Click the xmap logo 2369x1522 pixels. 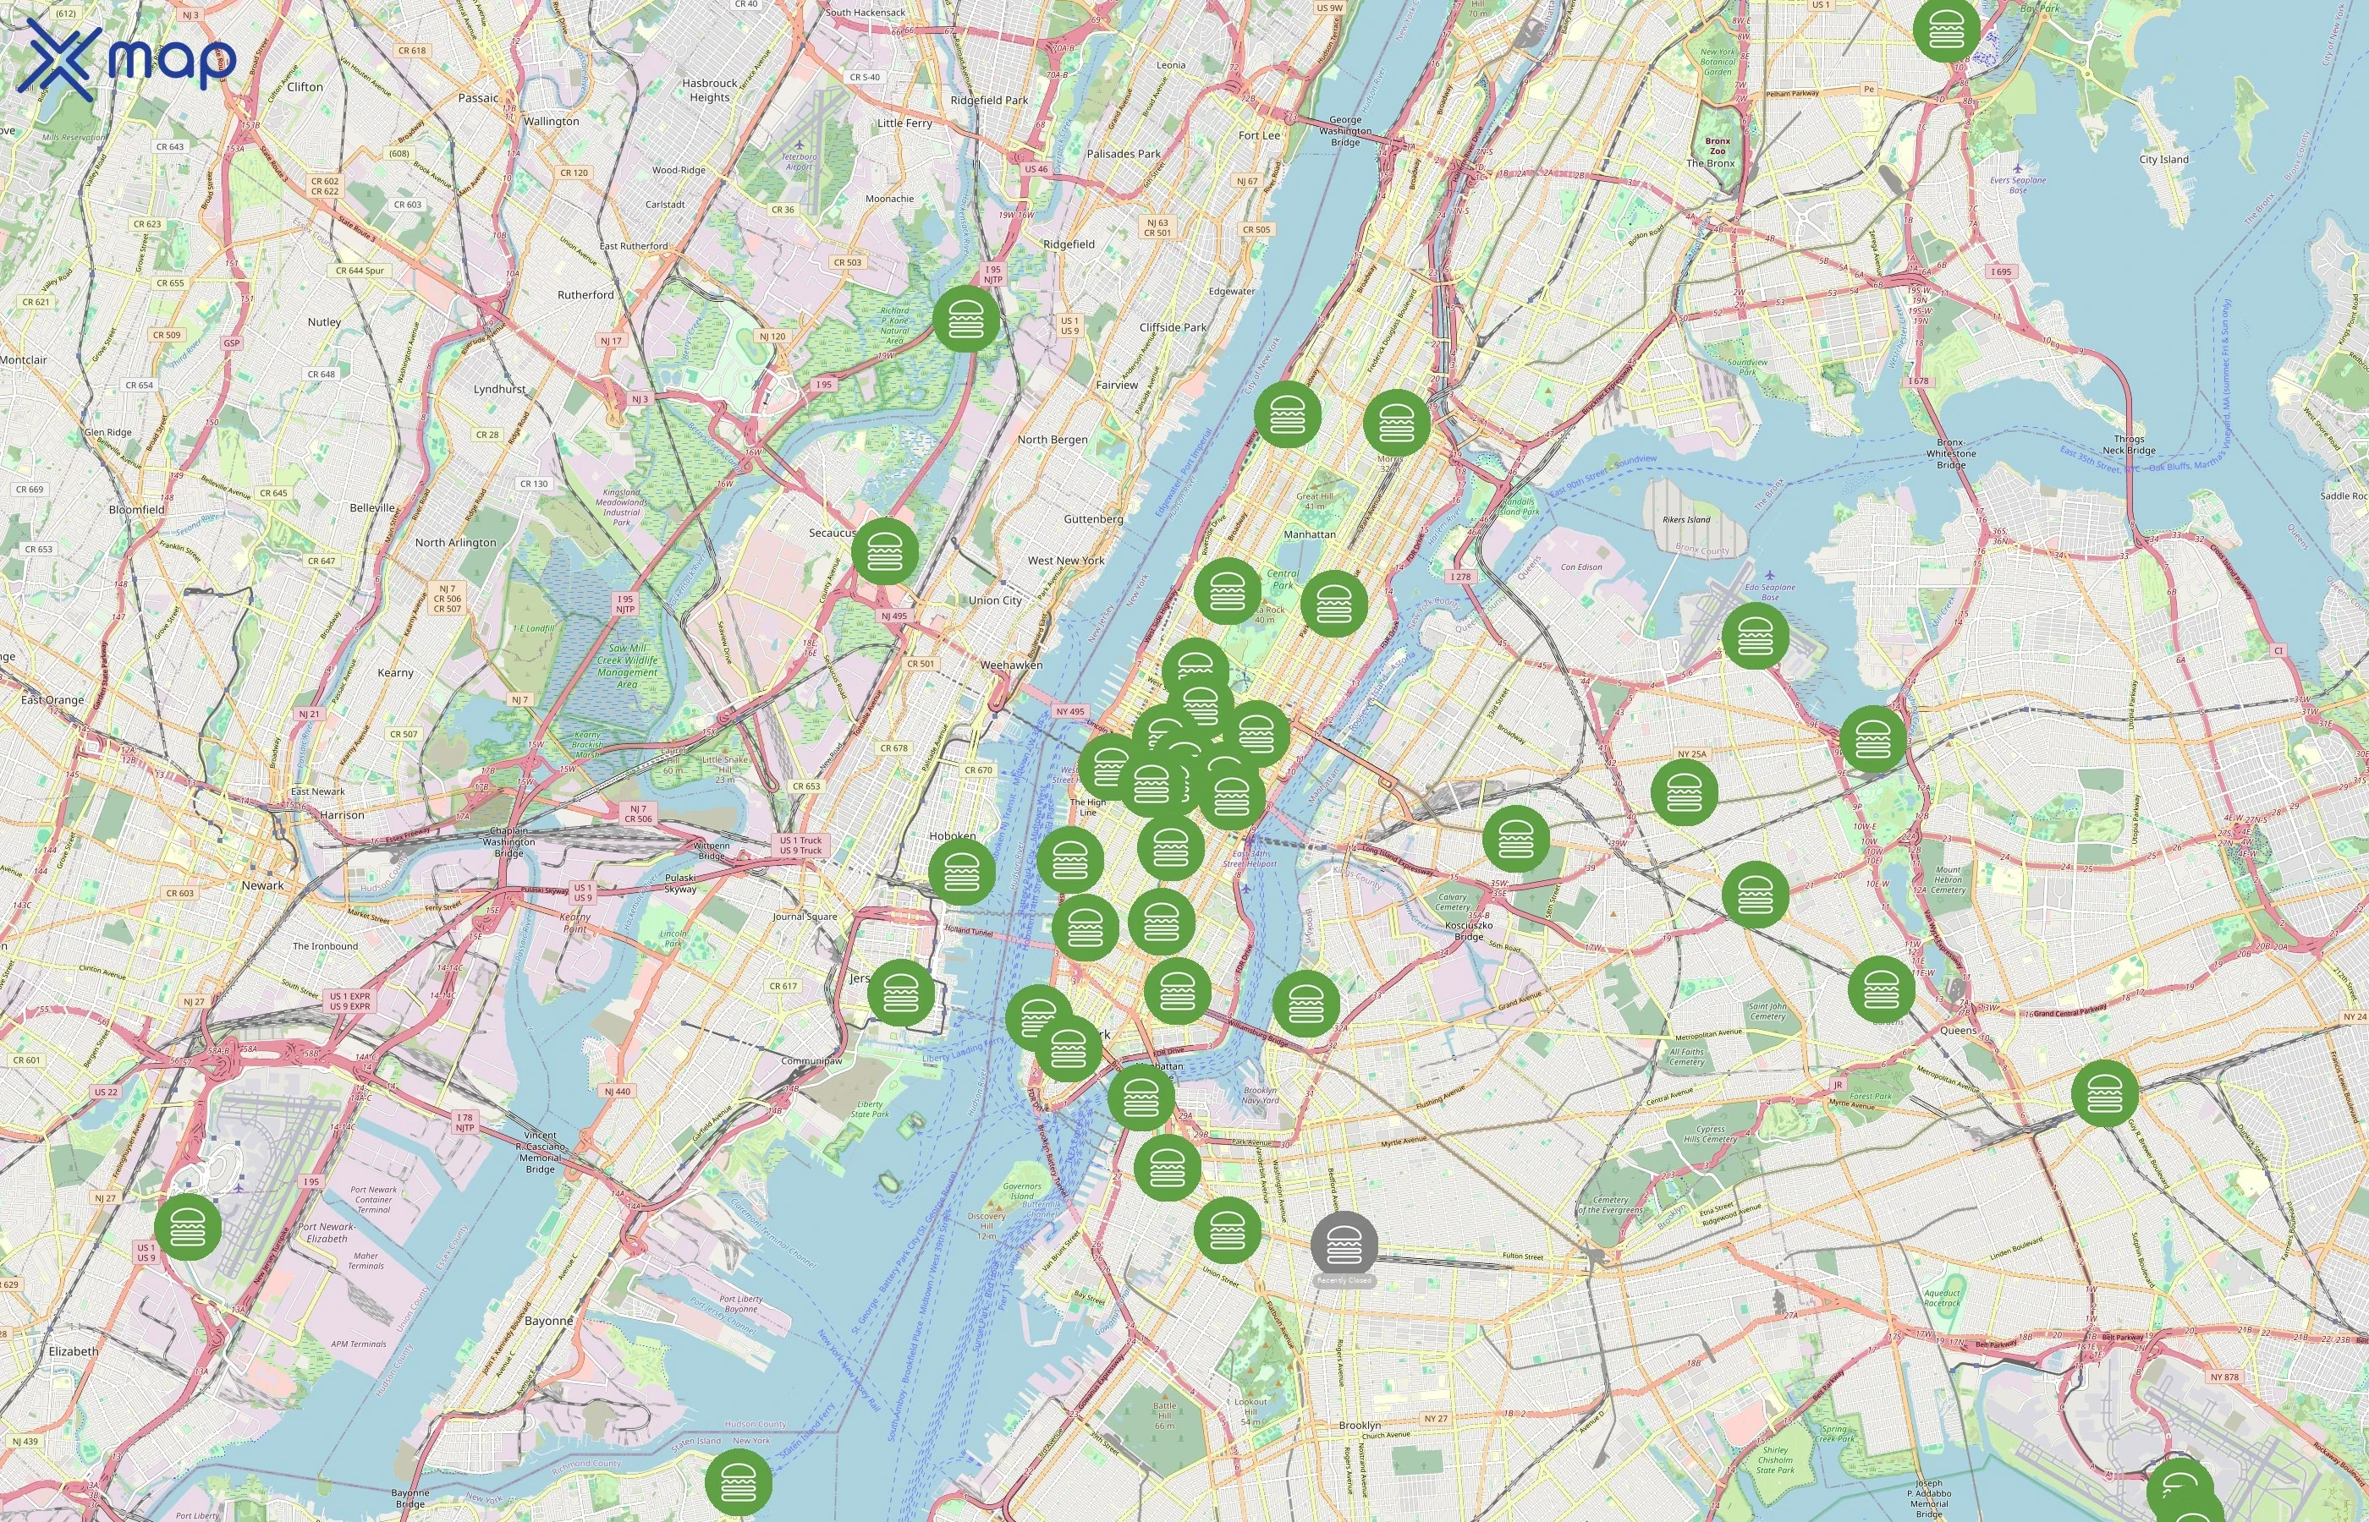click(x=127, y=59)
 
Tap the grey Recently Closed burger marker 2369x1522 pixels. click(x=1344, y=1246)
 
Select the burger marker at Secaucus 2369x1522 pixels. click(x=885, y=550)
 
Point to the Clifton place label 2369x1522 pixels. click(x=305, y=87)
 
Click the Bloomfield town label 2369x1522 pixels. click(x=136, y=510)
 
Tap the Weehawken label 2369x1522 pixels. click(x=1010, y=665)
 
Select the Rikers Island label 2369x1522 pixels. click(x=1685, y=519)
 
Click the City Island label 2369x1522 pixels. click(x=2163, y=159)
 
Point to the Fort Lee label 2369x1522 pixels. click(x=1259, y=135)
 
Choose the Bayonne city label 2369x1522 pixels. click(x=549, y=1321)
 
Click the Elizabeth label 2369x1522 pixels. click(x=73, y=1351)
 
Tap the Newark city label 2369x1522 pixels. click(x=262, y=885)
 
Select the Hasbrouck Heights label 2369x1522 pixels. click(x=709, y=90)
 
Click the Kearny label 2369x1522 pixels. click(x=395, y=673)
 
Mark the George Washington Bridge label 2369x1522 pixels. click(x=1344, y=130)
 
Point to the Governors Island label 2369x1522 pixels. click(x=1021, y=1191)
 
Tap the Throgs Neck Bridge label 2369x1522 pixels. click(x=2129, y=445)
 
